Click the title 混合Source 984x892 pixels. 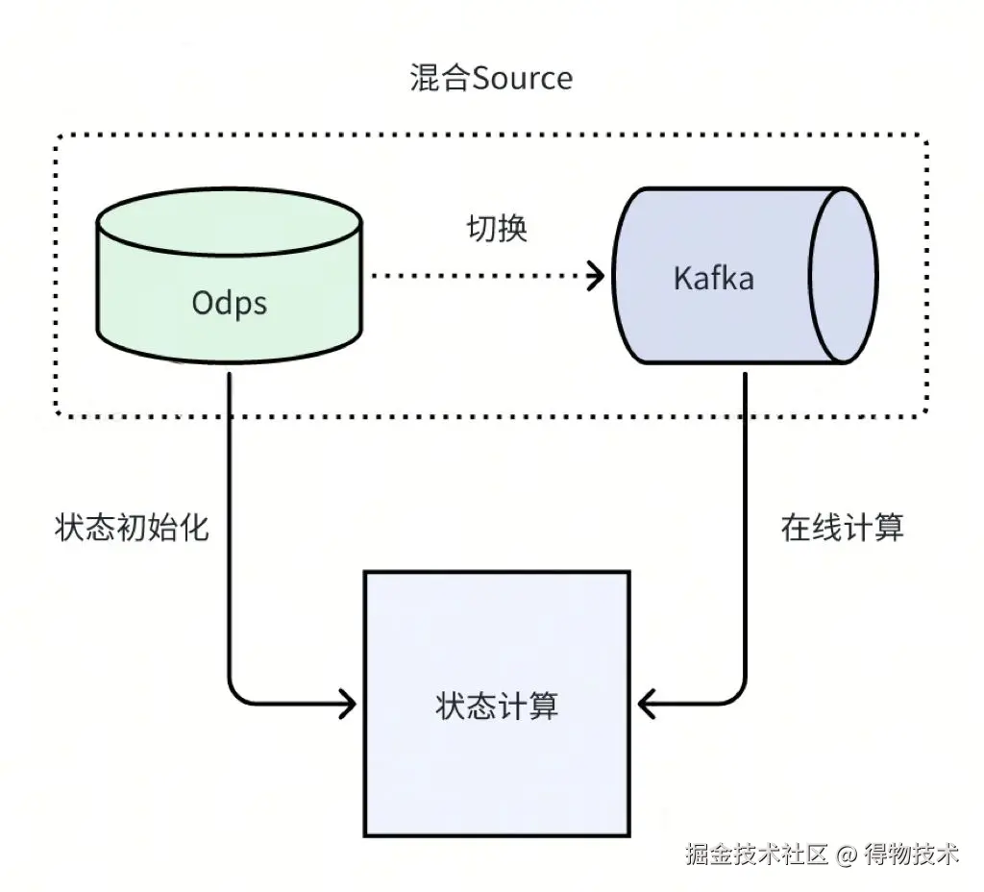click(x=490, y=77)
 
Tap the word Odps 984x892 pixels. click(x=229, y=303)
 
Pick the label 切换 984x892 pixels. click(x=497, y=229)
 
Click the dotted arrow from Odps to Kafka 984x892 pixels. click(x=480, y=277)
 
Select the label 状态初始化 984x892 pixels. click(x=132, y=528)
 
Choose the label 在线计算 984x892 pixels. click(x=842, y=528)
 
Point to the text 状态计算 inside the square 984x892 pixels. click(x=496, y=706)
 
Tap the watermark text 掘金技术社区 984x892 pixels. click(x=756, y=853)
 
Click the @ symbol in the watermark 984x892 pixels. click(x=846, y=854)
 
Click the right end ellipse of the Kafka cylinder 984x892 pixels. click(x=845, y=276)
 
